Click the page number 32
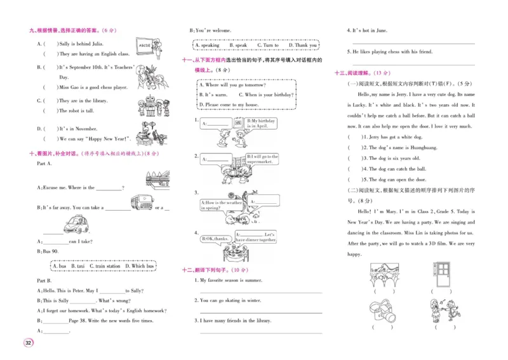click(x=28, y=343)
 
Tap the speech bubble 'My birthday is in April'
click(x=261, y=123)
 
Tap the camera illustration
click(x=382, y=311)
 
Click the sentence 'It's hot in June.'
click(x=370, y=30)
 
